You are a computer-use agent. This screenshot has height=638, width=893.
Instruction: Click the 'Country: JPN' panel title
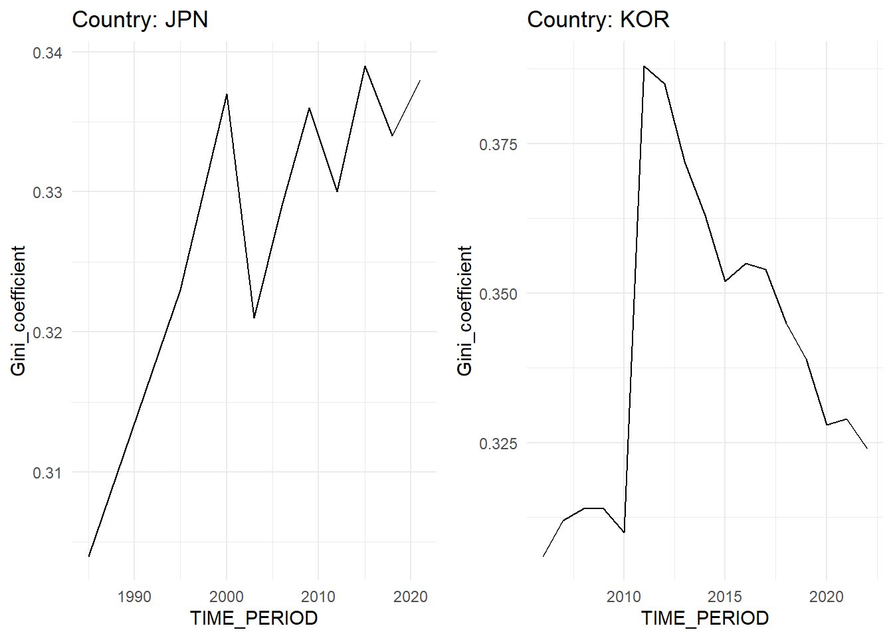pyautogui.click(x=140, y=19)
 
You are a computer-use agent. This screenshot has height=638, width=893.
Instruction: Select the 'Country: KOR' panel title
pyautogui.click(x=597, y=19)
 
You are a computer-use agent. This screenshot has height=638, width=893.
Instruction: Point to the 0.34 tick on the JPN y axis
pyautogui.click(x=47, y=53)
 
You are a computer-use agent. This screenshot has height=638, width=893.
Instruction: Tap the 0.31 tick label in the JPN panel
pyautogui.click(x=47, y=473)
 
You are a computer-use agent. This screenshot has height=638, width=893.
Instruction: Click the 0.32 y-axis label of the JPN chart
pyautogui.click(x=47, y=332)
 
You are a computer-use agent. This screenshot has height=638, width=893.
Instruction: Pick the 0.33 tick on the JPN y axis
pyautogui.click(x=47, y=192)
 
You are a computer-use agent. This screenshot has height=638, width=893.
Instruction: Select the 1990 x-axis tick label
pyautogui.click(x=134, y=597)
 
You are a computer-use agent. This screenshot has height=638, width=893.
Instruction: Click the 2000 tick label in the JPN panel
pyautogui.click(x=227, y=597)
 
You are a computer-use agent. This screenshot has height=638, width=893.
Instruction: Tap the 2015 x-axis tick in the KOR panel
pyautogui.click(x=725, y=597)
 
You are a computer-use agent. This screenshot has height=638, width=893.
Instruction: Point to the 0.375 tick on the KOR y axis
pyautogui.click(x=498, y=144)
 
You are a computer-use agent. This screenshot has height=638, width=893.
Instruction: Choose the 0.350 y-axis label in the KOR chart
pyautogui.click(x=498, y=294)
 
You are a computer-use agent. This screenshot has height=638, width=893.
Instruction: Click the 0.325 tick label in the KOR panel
pyautogui.click(x=498, y=443)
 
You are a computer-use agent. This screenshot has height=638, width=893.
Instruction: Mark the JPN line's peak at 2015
pyautogui.click(x=365, y=66)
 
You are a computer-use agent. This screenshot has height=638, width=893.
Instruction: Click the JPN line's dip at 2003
pyautogui.click(x=254, y=318)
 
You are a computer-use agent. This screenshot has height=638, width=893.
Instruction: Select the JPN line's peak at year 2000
pyautogui.click(x=227, y=94)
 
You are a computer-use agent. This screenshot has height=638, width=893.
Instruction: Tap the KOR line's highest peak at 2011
pyautogui.click(x=644, y=66)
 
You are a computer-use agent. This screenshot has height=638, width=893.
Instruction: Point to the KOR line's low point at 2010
pyautogui.click(x=624, y=532)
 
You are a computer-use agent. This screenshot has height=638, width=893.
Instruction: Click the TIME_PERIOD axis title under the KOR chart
pyautogui.click(x=704, y=618)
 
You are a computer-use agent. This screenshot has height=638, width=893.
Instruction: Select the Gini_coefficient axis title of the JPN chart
pyautogui.click(x=18, y=310)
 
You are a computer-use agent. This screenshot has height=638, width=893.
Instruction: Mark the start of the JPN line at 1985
pyautogui.click(x=89, y=556)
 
